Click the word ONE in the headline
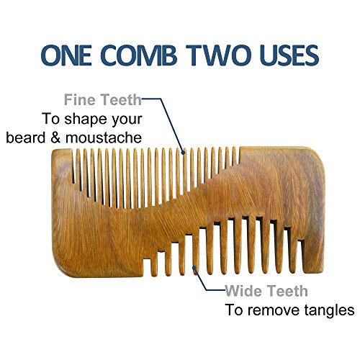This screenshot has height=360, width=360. click(x=66, y=55)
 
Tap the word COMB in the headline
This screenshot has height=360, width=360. click(x=139, y=55)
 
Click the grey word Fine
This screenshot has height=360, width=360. click(x=80, y=99)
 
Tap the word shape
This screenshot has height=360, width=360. click(x=85, y=120)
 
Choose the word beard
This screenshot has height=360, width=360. click(x=26, y=138)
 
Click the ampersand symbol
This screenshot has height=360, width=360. click(x=55, y=138)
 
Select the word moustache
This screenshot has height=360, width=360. click(x=104, y=138)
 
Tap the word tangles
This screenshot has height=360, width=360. click(x=329, y=311)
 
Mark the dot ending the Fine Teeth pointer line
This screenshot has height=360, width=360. click(x=184, y=152)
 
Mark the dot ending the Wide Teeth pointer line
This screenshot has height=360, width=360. click(x=195, y=269)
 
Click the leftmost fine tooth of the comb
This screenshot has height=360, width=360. click(x=78, y=168)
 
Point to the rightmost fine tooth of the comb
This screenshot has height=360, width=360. click(x=235, y=156)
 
